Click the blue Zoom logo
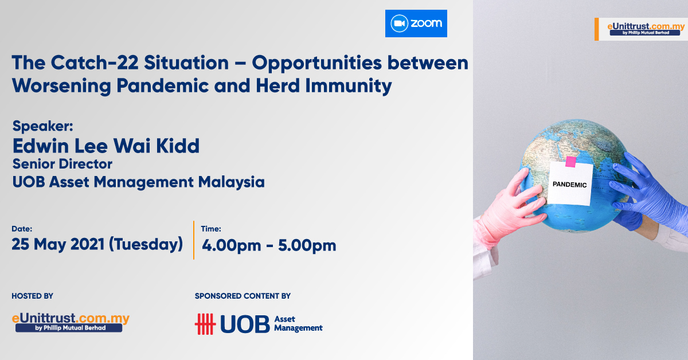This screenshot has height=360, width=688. (416, 24)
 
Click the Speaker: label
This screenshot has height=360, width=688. (42, 126)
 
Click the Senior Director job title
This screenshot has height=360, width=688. (62, 164)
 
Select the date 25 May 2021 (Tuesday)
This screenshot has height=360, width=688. (97, 245)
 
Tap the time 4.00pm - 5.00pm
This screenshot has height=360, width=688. (269, 245)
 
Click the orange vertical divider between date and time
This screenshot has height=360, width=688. (194, 240)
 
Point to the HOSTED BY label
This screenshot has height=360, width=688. (32, 296)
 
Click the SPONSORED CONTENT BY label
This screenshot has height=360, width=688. (243, 296)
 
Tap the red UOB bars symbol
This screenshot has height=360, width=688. (205, 324)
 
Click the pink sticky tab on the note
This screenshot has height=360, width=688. (570, 162)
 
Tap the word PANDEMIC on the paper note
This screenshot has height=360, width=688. (569, 185)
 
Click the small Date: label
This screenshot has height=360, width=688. (22, 229)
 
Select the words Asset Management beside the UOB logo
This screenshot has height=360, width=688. (298, 324)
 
